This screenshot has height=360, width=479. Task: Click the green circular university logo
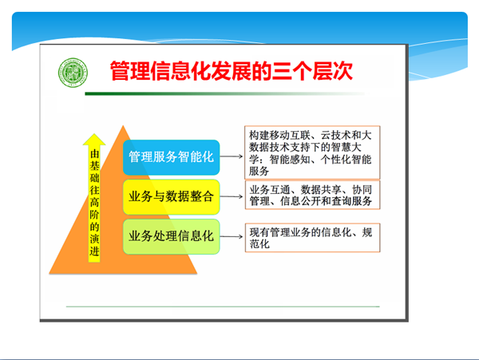point(73,73)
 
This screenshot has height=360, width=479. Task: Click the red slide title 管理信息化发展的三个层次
point(232,71)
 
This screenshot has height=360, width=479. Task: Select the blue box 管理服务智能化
point(172,157)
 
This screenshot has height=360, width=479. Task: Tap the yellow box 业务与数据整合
point(172,196)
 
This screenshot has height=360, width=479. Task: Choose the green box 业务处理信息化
point(172,236)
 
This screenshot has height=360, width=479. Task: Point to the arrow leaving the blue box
point(232,156)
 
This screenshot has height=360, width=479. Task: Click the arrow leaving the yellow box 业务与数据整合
point(232,196)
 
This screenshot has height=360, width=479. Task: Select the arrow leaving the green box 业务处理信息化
point(232,236)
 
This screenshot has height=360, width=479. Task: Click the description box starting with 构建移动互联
point(312,152)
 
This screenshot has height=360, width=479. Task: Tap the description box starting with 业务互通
point(312,195)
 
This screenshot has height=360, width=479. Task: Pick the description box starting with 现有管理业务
point(312,238)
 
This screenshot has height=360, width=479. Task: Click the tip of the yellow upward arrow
point(94,134)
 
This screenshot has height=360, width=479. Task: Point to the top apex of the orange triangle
point(123,125)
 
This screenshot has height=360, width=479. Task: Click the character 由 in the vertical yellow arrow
point(94,153)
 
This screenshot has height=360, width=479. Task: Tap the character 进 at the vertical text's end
point(94,251)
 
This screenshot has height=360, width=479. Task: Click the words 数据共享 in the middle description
point(321,190)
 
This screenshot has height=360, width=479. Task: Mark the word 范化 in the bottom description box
point(259,243)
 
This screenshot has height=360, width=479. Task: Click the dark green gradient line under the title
point(224,93)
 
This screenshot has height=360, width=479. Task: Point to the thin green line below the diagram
point(223,307)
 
